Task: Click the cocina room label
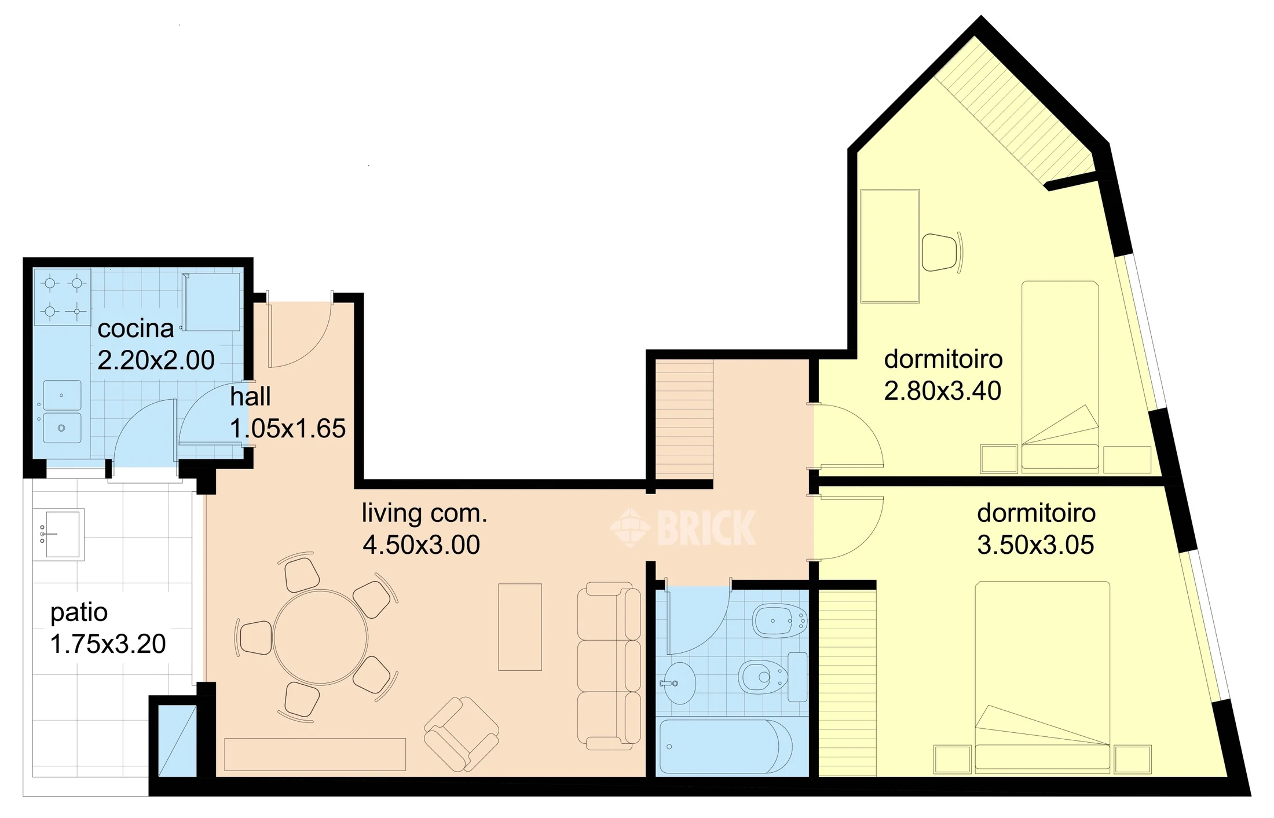click(x=136, y=329)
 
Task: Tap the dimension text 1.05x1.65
click(x=288, y=429)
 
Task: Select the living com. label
click(x=424, y=513)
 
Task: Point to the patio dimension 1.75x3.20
click(x=108, y=644)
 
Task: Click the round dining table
click(x=320, y=637)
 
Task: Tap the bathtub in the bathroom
click(x=726, y=746)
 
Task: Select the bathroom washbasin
click(x=678, y=683)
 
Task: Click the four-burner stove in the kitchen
click(x=63, y=297)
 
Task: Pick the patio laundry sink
click(x=58, y=534)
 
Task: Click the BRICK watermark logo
click(x=683, y=527)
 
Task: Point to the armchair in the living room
click(x=462, y=734)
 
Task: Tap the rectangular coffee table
click(x=520, y=627)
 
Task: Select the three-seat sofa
click(x=609, y=666)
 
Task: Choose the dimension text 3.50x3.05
click(x=1035, y=545)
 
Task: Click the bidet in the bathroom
click(x=780, y=620)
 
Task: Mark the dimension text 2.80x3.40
click(x=943, y=391)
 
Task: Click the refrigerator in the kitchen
click(x=211, y=302)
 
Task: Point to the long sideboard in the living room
click(x=315, y=754)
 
